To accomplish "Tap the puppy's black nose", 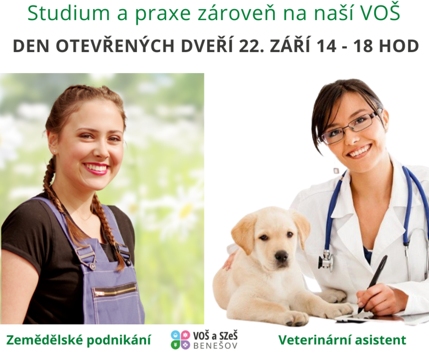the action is (x=281, y=256).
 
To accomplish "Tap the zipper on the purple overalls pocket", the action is (x=115, y=291).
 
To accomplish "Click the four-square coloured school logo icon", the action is (x=180, y=339).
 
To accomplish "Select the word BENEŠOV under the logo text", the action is (x=215, y=346).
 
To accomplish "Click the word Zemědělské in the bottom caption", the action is (x=44, y=339).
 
